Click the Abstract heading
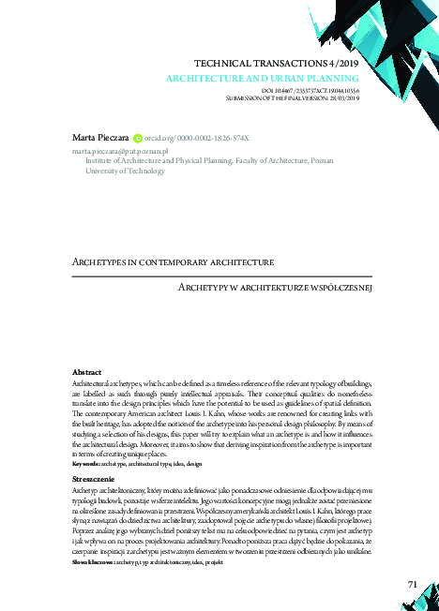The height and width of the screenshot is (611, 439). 87,373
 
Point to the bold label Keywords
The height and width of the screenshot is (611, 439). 86,464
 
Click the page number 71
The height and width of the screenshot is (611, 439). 412,585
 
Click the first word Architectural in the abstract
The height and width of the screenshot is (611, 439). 92,383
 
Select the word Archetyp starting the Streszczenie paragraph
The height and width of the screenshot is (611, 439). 85,489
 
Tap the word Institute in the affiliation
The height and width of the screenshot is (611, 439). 101,161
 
